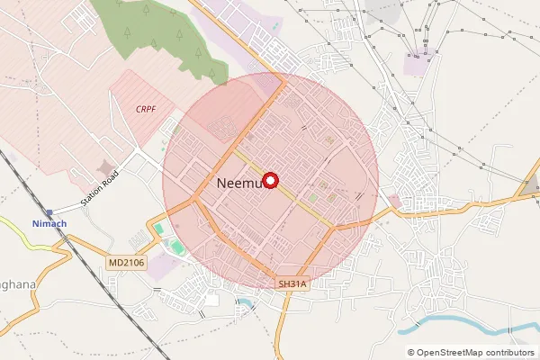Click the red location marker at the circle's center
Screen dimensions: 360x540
270,180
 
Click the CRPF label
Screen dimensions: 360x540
145,108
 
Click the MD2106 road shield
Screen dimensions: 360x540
125,263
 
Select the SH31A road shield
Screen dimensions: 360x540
292,283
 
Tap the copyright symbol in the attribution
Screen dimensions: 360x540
411,352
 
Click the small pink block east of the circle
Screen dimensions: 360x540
393,201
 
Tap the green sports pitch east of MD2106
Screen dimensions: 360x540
176,246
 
